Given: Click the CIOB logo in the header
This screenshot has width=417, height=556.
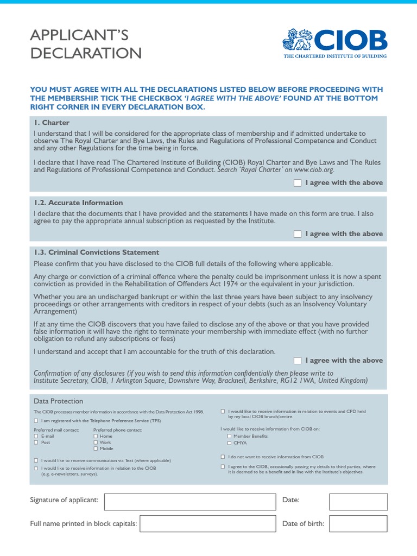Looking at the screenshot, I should [334, 43].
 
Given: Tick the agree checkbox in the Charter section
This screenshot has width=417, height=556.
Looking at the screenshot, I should [298, 183].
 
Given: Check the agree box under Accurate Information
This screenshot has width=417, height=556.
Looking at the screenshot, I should [298, 234].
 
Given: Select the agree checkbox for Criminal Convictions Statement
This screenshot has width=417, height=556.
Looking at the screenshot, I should [298, 361].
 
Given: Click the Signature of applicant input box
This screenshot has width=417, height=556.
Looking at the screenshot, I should [190, 502].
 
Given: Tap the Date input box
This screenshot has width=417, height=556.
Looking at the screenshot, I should [358, 502].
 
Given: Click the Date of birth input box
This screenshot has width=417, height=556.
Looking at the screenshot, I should [358, 523].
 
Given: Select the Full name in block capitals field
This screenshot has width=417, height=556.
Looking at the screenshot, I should [207, 523].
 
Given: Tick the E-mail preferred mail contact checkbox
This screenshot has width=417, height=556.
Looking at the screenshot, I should [36, 436].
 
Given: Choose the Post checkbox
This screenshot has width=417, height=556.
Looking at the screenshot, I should [36, 443].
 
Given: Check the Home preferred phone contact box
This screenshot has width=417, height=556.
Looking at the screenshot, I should [96, 436].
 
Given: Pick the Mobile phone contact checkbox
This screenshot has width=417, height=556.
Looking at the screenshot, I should [96, 448].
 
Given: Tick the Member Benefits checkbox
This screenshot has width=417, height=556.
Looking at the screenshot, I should [229, 436].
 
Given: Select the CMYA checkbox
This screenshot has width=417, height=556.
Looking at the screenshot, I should [229, 443].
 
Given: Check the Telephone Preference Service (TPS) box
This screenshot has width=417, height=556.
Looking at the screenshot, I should [36, 421].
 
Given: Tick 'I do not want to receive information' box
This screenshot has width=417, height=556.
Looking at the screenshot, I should [223, 457].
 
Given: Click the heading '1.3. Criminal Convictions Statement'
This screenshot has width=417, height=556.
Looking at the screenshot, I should [96, 252].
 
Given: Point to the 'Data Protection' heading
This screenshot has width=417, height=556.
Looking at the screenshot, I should [59, 401].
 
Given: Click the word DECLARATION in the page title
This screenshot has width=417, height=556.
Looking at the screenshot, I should [86, 53].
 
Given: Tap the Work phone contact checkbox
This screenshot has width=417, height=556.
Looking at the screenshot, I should [96, 443].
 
